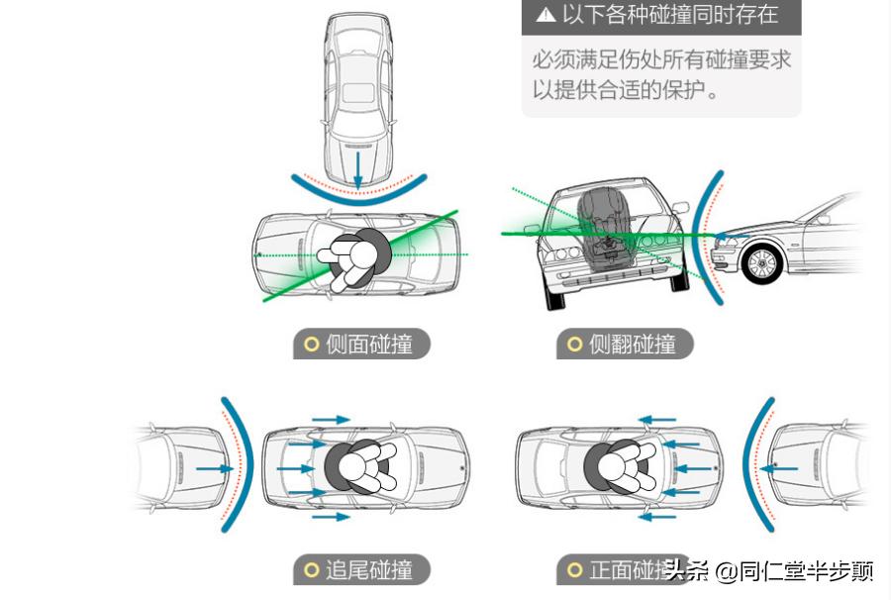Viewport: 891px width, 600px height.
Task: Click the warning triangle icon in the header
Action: tap(545, 15)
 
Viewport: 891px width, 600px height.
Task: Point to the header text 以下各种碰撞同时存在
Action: tap(669, 15)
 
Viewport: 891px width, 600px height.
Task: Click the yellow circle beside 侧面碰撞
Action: tap(311, 345)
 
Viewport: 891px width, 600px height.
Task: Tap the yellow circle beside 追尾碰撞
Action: tap(311, 570)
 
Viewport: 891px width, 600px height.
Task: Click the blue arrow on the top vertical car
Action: tap(357, 168)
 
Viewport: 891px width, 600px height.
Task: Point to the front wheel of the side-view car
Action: tap(762, 263)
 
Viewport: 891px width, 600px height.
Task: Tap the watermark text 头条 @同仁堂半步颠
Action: tap(769, 570)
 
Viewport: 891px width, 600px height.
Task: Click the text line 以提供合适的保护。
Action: tap(626, 89)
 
